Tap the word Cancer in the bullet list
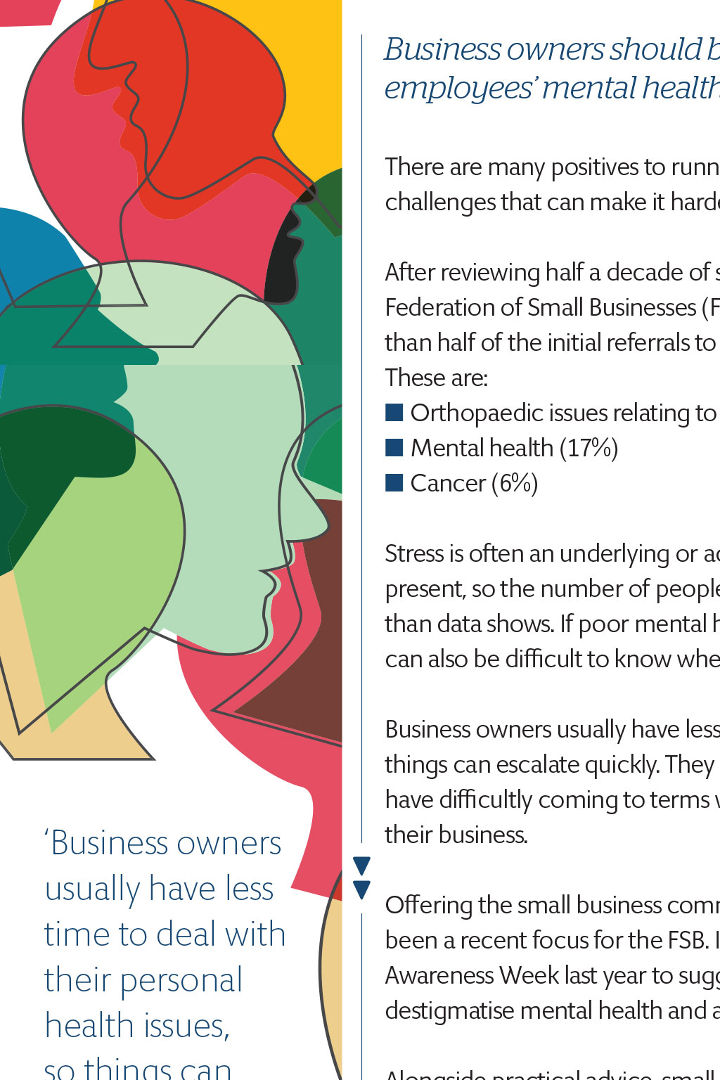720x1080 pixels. coord(448,483)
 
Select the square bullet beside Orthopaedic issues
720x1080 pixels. coord(394,412)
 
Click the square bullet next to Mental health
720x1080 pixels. coord(394,447)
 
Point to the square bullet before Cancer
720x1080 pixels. coord(394,482)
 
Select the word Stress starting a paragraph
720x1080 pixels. coord(413,553)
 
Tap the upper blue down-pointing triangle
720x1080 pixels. coord(361,866)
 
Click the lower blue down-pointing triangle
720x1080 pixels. coord(361,889)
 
